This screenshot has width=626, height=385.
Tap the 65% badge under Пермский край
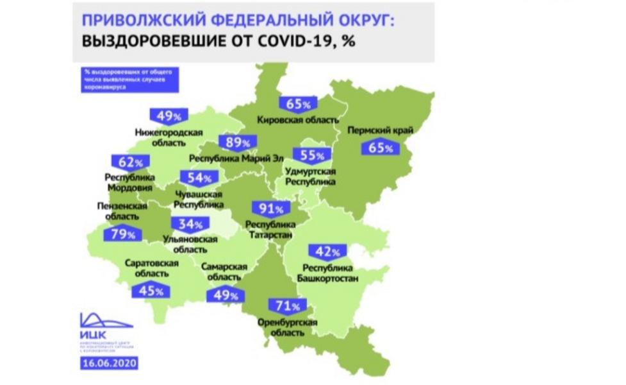[x=381, y=148]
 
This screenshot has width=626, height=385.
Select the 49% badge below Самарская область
[x=225, y=296]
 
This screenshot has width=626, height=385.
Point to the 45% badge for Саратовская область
[x=150, y=291]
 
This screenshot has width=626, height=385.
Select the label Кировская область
[x=297, y=119]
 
